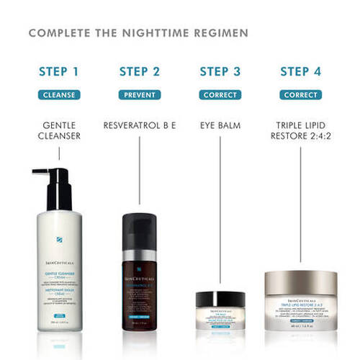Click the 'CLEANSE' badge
(60, 94)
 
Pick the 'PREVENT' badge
(140, 94)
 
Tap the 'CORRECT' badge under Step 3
(220, 94)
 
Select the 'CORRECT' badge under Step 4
(300, 94)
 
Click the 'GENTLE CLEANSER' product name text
(60, 131)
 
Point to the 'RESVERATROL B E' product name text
(140, 125)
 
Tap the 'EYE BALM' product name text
(220, 125)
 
